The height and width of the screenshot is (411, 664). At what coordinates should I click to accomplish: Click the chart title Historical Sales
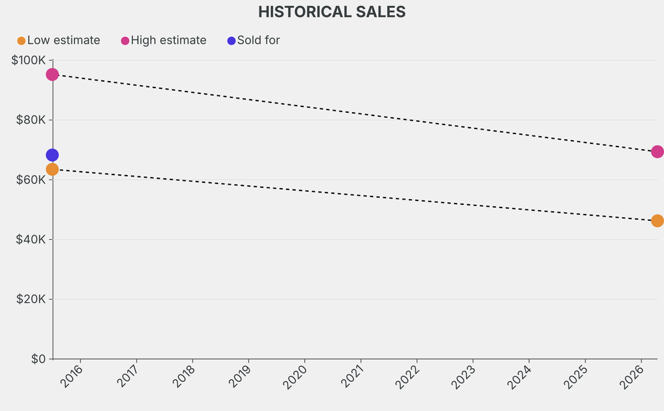click(x=331, y=12)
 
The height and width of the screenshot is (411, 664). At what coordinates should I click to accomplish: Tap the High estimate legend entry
click(x=163, y=40)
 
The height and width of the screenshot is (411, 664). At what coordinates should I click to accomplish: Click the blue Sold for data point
click(x=53, y=155)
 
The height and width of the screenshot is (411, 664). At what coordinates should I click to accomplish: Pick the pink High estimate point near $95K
click(x=53, y=75)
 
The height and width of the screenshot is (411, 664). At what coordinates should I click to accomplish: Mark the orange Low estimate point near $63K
click(x=53, y=169)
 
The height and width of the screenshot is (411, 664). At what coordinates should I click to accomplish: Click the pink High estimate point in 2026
click(x=657, y=152)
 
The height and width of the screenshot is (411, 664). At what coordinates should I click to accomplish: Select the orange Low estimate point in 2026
click(x=657, y=220)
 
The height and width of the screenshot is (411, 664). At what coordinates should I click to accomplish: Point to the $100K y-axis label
click(x=28, y=60)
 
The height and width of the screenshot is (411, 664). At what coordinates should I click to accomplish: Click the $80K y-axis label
click(x=29, y=120)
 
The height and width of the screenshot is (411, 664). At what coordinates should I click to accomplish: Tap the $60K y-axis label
click(x=29, y=180)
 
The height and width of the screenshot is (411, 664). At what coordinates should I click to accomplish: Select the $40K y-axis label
click(x=29, y=239)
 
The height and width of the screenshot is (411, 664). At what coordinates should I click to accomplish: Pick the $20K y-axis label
click(x=29, y=299)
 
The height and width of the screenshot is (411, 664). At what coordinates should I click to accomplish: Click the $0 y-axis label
click(x=38, y=358)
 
